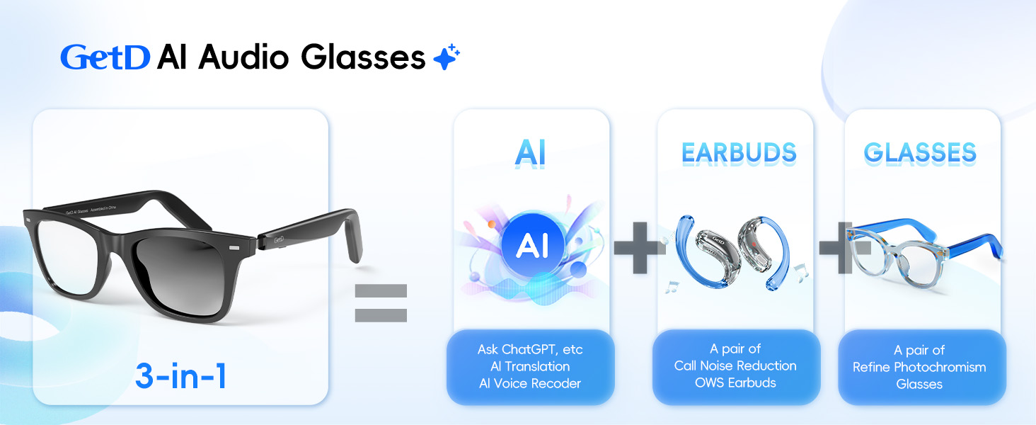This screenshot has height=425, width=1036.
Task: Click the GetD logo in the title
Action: [105, 57]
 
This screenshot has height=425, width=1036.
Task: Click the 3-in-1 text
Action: [180, 376]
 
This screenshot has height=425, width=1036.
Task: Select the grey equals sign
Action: [381, 303]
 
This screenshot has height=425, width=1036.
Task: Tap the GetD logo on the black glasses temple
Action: [280, 240]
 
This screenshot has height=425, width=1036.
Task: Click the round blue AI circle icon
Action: [531, 245]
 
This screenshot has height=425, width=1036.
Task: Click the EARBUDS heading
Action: [739, 153]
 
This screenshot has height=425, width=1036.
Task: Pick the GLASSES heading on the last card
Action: [920, 153]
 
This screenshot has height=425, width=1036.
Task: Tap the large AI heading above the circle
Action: [531, 154]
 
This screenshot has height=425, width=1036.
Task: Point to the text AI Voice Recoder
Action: [530, 383]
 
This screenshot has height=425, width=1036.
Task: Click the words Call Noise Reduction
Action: [735, 365]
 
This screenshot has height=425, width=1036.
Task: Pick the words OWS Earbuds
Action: [735, 382]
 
